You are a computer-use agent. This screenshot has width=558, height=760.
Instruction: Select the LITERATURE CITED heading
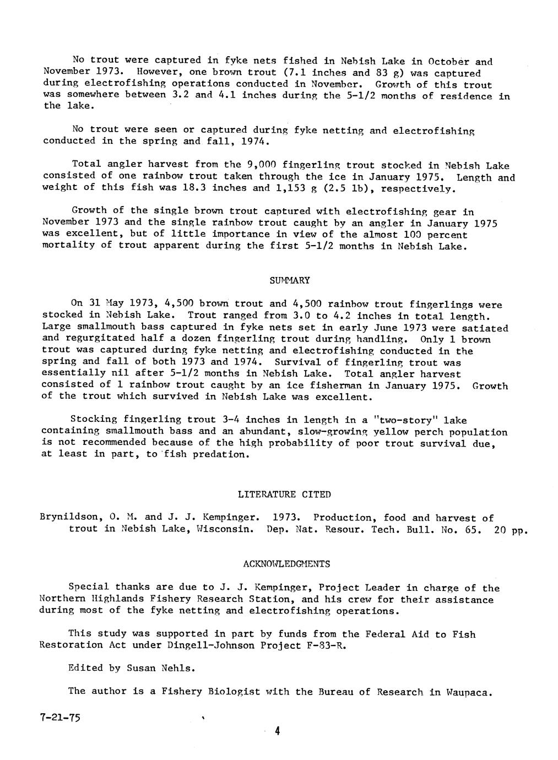coord(284,495)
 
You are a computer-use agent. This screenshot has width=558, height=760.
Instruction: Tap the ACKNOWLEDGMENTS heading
coord(286,564)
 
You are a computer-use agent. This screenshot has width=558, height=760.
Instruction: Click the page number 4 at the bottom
coord(278,731)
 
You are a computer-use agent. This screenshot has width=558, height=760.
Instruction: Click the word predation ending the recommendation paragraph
coord(220,455)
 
